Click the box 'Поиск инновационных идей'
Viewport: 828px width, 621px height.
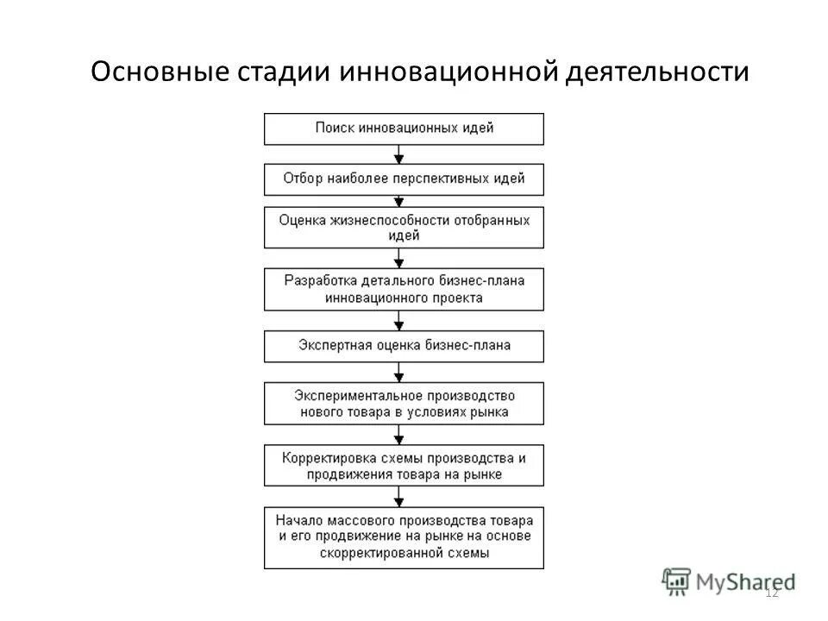coord(404,129)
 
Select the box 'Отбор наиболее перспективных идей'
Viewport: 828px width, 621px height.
coord(404,179)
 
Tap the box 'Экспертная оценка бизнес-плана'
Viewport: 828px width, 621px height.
coord(404,346)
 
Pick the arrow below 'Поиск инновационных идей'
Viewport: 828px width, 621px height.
coord(398,154)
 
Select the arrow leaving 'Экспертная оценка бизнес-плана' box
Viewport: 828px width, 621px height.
coord(398,372)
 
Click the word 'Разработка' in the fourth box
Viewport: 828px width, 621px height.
coord(318,281)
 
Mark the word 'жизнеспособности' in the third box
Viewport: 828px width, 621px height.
coord(383,220)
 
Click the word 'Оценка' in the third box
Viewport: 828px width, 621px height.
coord(300,220)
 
